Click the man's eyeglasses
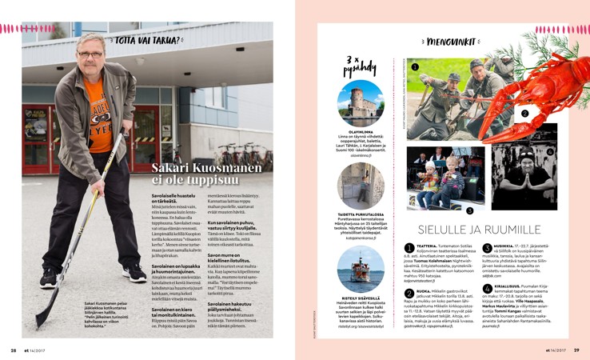tap(90, 54)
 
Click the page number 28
tap(14, 350)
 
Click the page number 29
tap(576, 350)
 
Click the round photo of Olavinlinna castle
tap(361, 102)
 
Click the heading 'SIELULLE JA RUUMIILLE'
tap(480, 229)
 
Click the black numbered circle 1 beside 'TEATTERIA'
tap(409, 249)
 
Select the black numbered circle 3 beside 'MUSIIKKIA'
tap(487, 249)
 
